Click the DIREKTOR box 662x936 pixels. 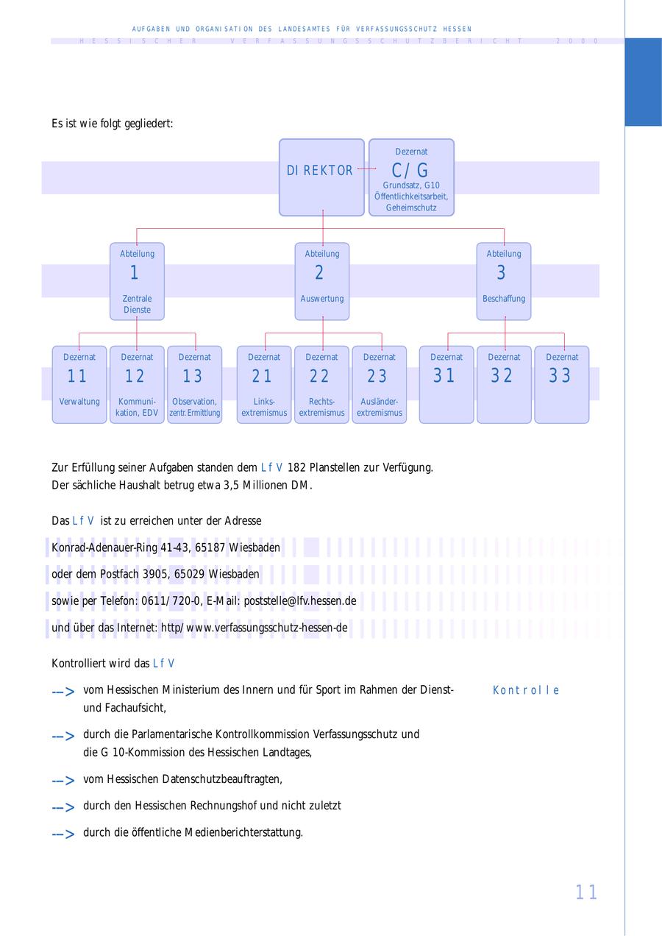tap(321, 177)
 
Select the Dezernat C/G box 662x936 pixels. tap(410, 177)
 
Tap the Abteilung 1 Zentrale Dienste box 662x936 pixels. tap(137, 281)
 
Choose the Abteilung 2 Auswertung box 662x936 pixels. tap(322, 281)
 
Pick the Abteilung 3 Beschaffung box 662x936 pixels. tap(504, 281)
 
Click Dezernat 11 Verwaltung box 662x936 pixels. tap(79, 384)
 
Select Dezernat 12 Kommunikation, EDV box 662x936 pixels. tap(137, 384)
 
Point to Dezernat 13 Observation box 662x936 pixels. tap(195, 384)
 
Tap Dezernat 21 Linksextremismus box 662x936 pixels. tap(264, 384)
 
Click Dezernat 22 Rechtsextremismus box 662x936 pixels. tap(321, 384)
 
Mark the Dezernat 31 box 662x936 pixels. tap(446, 384)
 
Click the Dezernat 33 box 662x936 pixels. tap(561, 384)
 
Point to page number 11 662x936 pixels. tap(586, 893)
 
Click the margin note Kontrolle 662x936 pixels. tap(526, 690)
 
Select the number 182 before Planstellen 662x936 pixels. tap(296, 467)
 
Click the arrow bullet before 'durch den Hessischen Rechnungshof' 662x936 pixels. tap(63, 807)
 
